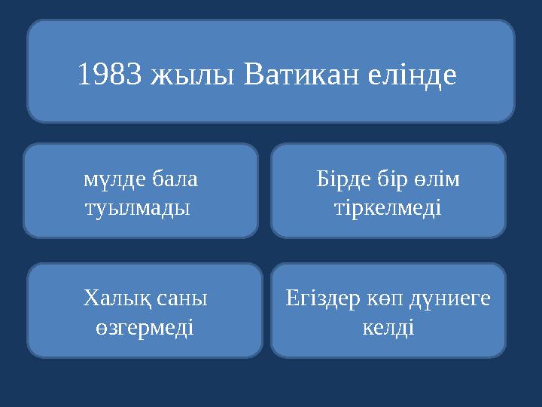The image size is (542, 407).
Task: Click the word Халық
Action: tap(114, 299)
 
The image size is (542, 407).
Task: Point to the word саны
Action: tap(181, 299)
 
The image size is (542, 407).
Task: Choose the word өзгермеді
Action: tap(145, 327)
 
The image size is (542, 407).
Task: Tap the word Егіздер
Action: tap(321, 299)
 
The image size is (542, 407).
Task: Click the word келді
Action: tap(388, 327)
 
